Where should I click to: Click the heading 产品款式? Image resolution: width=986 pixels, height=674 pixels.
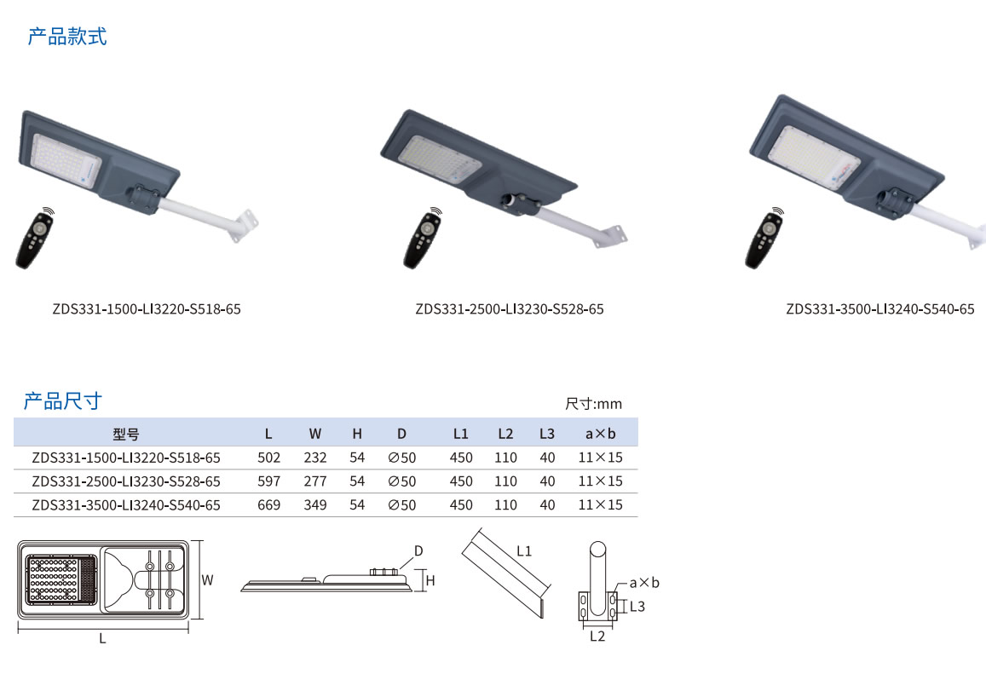click(67, 37)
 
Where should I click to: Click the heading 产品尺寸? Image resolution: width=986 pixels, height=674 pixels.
click(63, 400)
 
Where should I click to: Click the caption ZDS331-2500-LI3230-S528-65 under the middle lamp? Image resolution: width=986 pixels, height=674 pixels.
click(510, 309)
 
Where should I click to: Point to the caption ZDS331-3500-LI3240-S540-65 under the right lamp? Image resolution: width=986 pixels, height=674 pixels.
click(879, 309)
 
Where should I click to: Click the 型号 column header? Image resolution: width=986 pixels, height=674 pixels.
click(126, 434)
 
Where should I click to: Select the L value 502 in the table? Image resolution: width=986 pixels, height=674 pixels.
click(268, 458)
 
